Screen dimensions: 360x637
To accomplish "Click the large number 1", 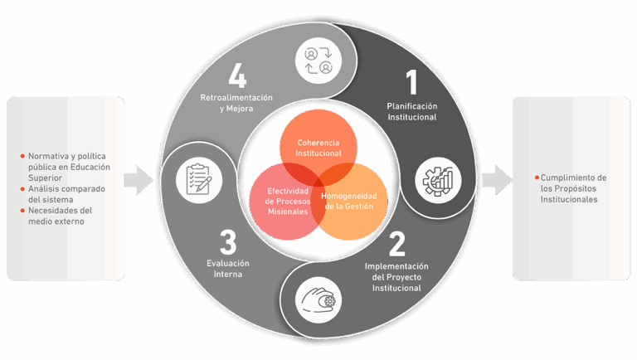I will (411, 83).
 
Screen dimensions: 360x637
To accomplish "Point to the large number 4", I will (237, 79).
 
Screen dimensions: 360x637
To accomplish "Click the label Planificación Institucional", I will (411, 112).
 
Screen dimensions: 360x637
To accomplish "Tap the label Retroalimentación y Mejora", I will (237, 103).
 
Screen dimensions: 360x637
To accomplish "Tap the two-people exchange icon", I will (319, 61).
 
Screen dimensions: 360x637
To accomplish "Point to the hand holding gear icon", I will (319, 298).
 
